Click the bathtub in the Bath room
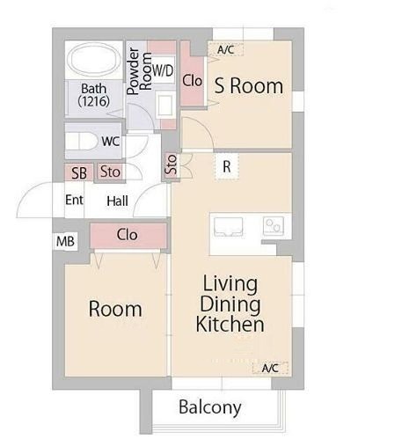click(x=93, y=60)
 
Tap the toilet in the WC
click(x=81, y=142)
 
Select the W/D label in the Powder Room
click(x=163, y=70)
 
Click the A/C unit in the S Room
click(x=225, y=49)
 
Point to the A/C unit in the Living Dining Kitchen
click(x=270, y=368)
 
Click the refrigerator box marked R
click(x=227, y=166)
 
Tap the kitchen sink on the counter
click(x=229, y=226)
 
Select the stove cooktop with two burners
click(x=274, y=225)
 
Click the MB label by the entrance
click(x=65, y=241)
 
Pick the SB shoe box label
click(x=79, y=173)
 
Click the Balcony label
click(x=210, y=407)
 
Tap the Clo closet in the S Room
click(x=192, y=80)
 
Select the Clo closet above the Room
click(x=128, y=236)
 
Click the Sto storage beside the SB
click(x=110, y=172)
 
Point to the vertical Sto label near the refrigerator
click(x=172, y=165)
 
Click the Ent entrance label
click(x=74, y=200)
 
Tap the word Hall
click(x=117, y=201)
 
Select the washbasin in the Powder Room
click(x=164, y=105)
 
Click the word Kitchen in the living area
click(x=230, y=324)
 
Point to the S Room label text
click(x=249, y=86)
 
